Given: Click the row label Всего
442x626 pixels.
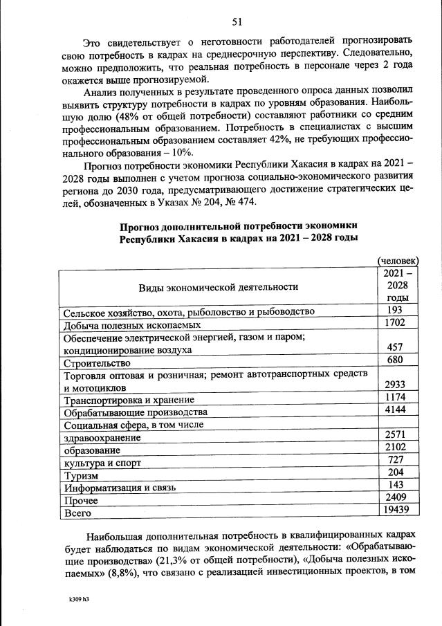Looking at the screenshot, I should click(x=77, y=514).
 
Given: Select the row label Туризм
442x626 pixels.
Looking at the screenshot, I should click(x=81, y=476).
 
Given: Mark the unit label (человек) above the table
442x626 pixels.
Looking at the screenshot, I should click(x=397, y=260).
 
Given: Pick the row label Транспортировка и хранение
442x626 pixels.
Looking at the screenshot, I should click(x=129, y=400).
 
